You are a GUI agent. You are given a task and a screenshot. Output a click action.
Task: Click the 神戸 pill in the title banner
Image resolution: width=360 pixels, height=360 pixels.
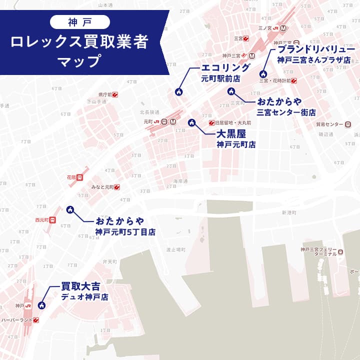click(x=79, y=21)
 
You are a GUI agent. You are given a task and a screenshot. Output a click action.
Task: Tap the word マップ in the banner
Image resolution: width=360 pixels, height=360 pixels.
click(x=80, y=62)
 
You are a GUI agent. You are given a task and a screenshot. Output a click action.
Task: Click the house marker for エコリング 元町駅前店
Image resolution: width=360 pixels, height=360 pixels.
click(x=178, y=91)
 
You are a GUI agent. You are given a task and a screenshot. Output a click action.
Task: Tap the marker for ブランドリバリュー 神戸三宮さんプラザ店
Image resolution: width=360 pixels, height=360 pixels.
click(x=263, y=74)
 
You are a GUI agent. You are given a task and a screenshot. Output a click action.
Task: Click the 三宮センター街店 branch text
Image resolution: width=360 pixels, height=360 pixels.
click(x=286, y=112)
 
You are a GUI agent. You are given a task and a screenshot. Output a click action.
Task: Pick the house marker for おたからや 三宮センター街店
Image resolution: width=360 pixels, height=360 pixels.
click(x=231, y=91)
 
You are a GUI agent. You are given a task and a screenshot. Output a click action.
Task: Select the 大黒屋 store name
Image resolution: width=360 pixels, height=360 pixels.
click(x=231, y=133)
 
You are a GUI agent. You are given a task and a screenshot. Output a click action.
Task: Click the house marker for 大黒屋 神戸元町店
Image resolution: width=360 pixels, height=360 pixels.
click(x=191, y=123)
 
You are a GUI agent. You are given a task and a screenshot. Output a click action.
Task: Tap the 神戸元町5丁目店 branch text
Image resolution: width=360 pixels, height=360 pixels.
click(x=125, y=232)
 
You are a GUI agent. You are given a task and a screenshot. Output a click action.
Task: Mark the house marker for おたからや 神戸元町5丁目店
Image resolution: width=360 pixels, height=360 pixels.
click(x=70, y=209)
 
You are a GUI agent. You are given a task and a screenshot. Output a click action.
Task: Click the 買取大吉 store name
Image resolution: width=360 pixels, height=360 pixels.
click(x=80, y=286)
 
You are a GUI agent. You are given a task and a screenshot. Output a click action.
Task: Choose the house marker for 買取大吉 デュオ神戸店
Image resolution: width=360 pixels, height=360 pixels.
click(x=42, y=305)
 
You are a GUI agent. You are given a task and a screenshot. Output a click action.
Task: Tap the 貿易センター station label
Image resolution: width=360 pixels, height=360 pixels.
click(x=330, y=124)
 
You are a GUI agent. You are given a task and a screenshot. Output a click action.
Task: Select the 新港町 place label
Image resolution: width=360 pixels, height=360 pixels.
click(x=289, y=212)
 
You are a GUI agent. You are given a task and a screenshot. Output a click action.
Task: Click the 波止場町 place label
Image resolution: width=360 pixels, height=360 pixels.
click(x=176, y=249)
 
